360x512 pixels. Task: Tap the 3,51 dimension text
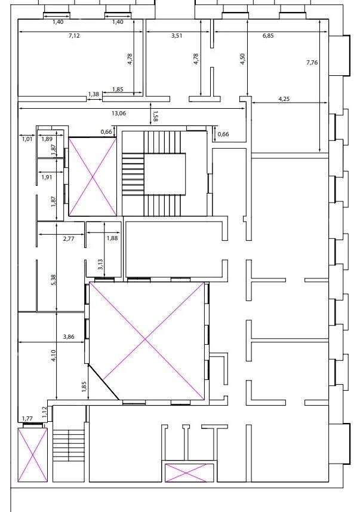(x=176, y=36)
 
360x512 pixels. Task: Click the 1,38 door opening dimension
(x=94, y=94)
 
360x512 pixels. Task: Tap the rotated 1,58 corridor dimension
(x=156, y=116)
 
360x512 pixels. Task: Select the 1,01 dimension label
(x=27, y=139)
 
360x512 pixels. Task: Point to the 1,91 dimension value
(x=47, y=177)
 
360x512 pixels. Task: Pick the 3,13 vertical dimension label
(x=101, y=264)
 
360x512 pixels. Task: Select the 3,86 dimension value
(x=68, y=337)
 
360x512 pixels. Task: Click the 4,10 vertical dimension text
(x=53, y=356)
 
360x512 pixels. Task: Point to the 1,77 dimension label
(x=27, y=419)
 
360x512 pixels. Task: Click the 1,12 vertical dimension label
(x=44, y=411)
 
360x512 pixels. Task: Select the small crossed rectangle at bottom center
(x=187, y=472)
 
